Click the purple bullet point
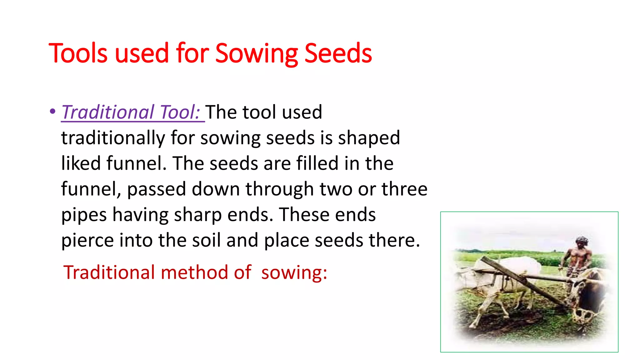click(52, 111)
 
